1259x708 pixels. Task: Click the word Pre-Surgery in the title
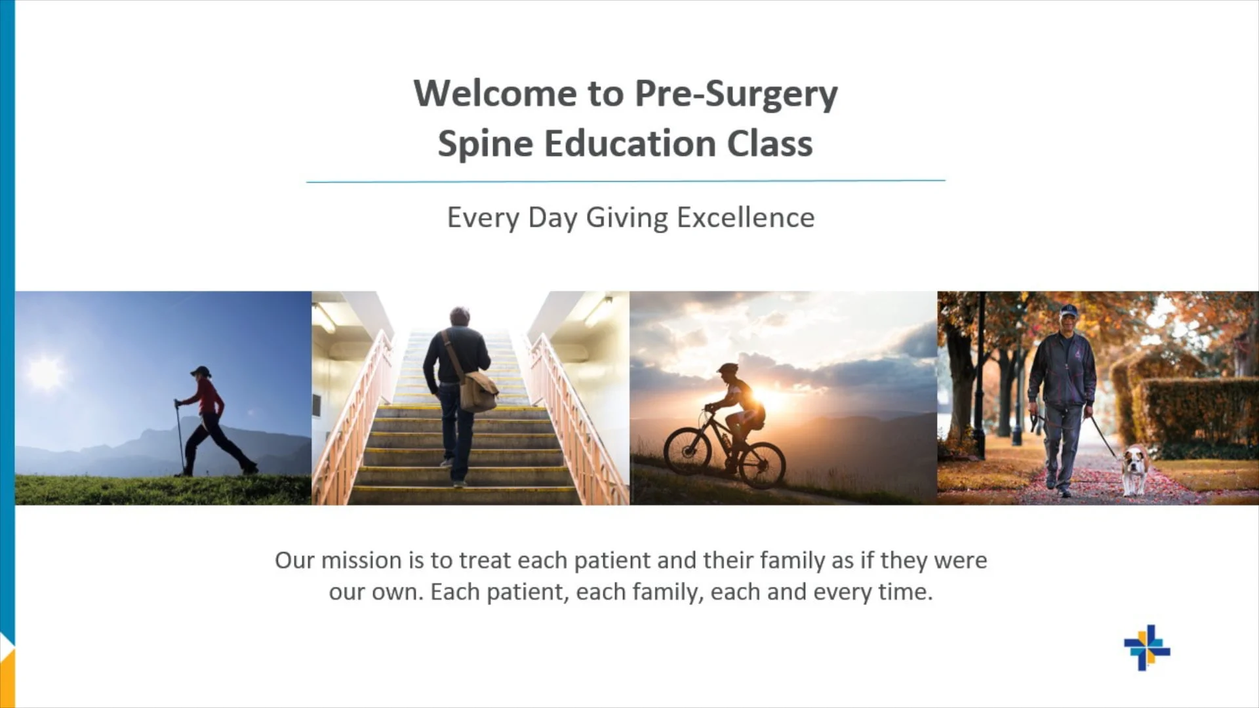tap(736, 94)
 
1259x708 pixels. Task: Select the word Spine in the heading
tap(485, 144)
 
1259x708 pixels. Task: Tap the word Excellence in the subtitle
tap(745, 218)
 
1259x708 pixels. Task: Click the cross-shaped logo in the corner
tap(1146, 648)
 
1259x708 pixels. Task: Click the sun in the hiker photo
tap(45, 372)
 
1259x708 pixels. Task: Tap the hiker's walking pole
tap(179, 436)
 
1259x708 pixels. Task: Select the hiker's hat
tap(201, 371)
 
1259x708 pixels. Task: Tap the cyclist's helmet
tap(727, 369)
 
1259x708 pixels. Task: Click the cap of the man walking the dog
tap(1069, 309)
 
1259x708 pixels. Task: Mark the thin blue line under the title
tap(626, 181)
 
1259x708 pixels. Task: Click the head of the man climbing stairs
tap(460, 316)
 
